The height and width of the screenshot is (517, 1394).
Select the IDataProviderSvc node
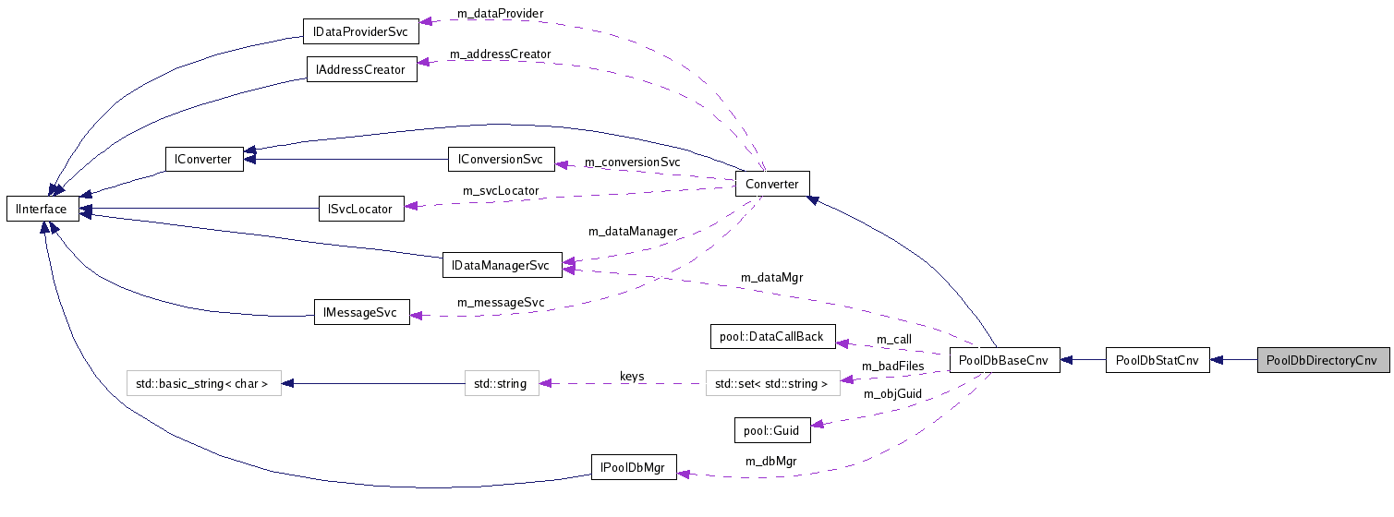360,31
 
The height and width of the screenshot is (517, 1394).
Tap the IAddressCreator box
361,69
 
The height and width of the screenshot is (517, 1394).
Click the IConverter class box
203,159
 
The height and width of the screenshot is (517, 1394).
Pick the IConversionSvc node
501,159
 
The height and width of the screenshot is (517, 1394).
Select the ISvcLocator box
360,209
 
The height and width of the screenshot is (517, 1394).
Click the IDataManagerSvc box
502,265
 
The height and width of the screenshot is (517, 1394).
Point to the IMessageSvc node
360,313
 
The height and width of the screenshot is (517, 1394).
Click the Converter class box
771,184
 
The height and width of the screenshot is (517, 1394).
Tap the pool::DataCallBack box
771,336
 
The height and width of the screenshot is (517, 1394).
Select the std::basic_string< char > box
203,382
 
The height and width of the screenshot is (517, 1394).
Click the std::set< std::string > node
772,382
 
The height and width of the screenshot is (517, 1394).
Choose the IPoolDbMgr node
633,466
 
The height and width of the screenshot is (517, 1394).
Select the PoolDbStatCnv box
1158,360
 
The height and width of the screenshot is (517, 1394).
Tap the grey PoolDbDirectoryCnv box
1323,360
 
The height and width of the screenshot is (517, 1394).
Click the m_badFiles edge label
892,367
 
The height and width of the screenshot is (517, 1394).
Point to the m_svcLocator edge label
501,191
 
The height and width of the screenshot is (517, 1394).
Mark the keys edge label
632,377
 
